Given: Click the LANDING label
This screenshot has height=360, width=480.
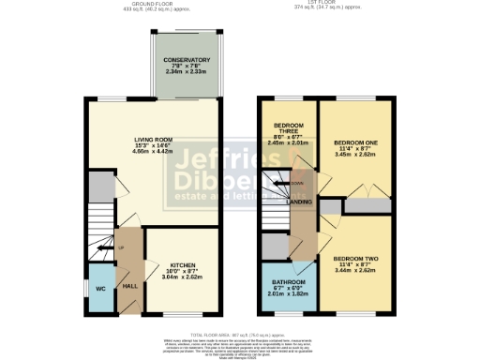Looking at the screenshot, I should (x=300, y=201).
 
